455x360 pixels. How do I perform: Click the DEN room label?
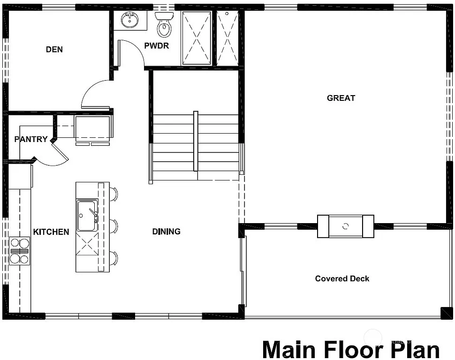tap(54, 49)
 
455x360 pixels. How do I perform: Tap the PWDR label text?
tap(157, 46)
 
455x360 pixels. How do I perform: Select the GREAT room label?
tap(341, 98)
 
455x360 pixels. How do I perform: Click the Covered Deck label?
tap(342, 278)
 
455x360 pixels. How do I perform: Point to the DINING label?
tap(167, 231)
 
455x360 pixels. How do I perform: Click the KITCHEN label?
tap(51, 232)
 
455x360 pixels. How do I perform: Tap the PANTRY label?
tap(31, 139)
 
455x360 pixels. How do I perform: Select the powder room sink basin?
tap(129, 20)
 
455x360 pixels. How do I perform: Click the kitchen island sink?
tap(87, 215)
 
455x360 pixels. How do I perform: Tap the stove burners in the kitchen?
tap(19, 251)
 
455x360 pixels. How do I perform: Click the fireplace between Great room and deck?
tap(346, 226)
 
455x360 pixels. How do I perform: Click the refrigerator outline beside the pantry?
tap(92, 127)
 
